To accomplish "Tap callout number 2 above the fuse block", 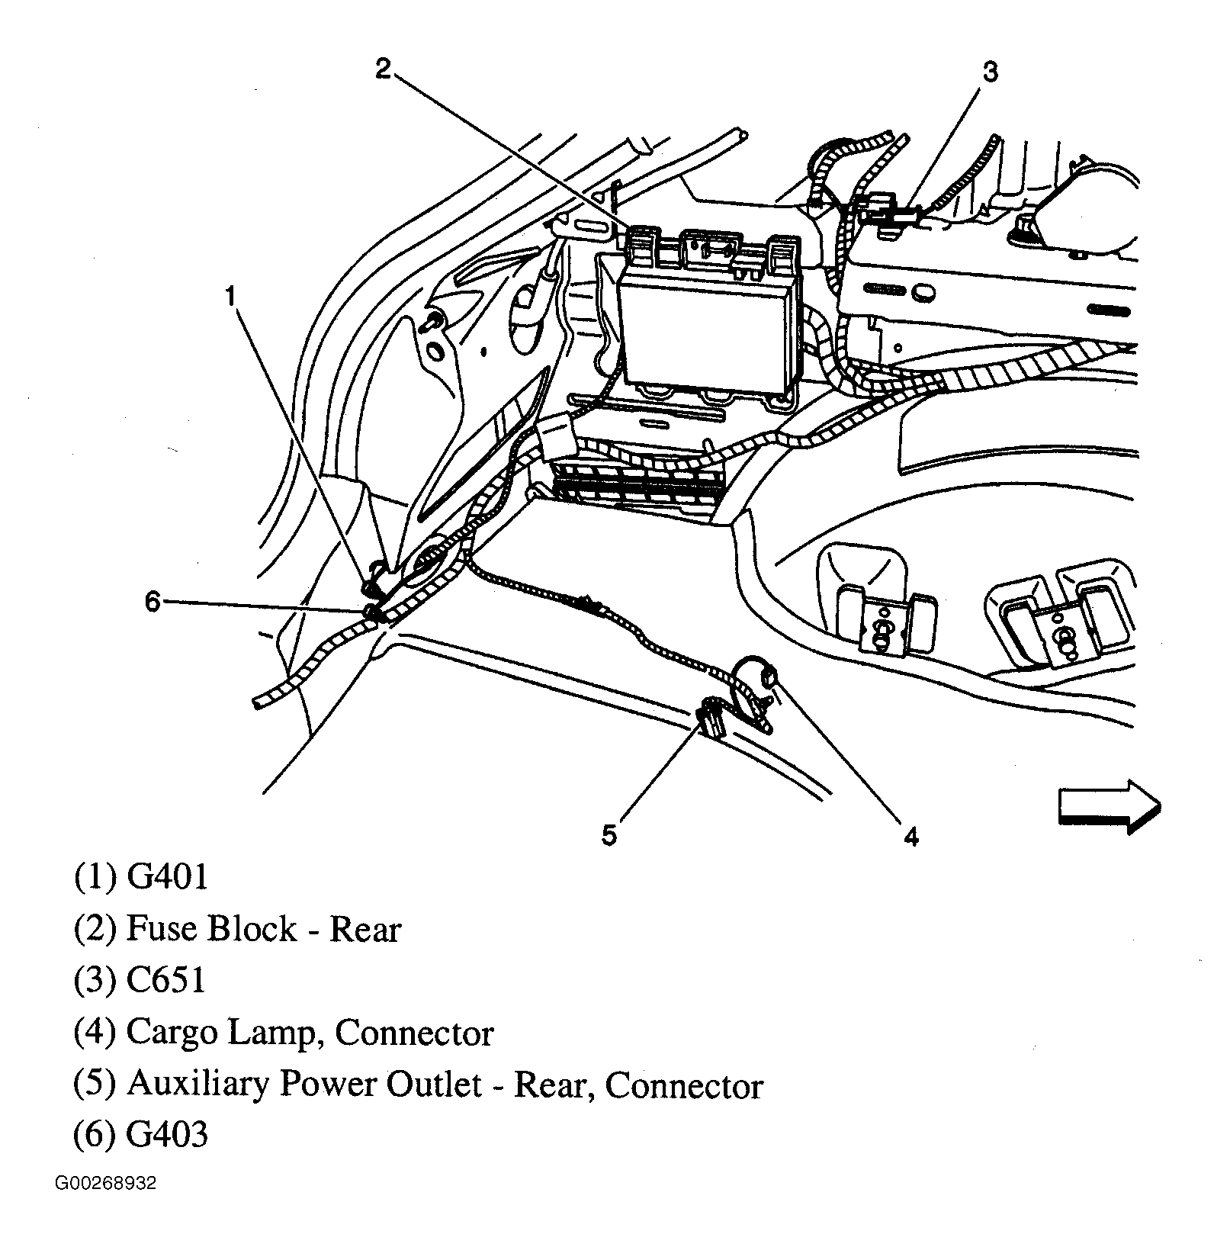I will [383, 69].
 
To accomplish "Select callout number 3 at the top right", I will [989, 72].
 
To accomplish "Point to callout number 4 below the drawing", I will [911, 837].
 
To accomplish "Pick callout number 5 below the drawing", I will [609, 835].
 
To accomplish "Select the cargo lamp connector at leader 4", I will [769, 674].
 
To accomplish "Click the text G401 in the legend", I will [167, 877].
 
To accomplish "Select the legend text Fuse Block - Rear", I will [263, 929].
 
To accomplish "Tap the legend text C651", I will [165, 981].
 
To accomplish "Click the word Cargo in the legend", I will [172, 1034].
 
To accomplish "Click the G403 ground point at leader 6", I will [372, 612].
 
